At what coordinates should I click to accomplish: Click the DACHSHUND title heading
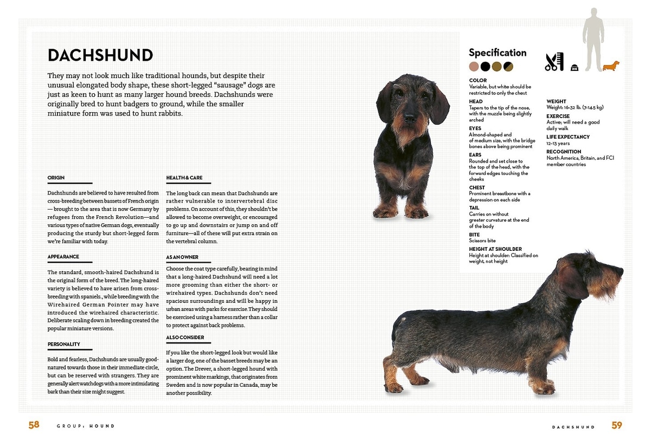[100, 55]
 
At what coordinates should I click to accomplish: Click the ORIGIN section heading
[56, 178]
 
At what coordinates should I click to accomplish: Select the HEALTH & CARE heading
[184, 178]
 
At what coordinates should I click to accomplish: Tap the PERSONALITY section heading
[64, 344]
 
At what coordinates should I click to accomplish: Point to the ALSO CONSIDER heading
[185, 338]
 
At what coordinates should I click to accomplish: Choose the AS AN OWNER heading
[182, 257]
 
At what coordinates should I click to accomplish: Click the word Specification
[497, 53]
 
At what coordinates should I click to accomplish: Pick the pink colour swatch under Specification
[474, 67]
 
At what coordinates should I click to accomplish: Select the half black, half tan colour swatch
[508, 67]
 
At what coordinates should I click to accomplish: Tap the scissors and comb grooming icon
[554, 62]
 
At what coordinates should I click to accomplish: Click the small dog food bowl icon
[575, 68]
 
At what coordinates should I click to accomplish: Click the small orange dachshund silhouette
[611, 66]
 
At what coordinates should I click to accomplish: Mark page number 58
[34, 425]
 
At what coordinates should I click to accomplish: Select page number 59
[617, 425]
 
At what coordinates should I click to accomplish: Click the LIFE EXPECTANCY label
[568, 137]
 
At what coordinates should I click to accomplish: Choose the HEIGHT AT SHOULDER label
[495, 249]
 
